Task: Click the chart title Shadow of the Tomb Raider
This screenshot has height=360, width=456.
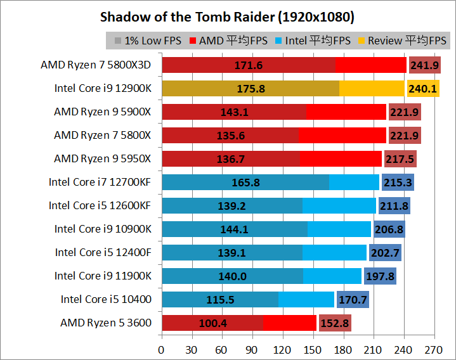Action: coord(228,16)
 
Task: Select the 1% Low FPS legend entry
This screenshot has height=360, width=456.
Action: coord(148,41)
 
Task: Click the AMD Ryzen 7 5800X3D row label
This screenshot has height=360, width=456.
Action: coord(96,65)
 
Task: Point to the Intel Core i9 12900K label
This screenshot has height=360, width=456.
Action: coord(103,88)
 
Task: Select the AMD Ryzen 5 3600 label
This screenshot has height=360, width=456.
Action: coord(106,323)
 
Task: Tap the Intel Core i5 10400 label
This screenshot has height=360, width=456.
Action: coord(106,299)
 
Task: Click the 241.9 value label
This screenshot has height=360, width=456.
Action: coord(424,65)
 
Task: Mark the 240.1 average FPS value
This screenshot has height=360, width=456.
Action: coord(422,89)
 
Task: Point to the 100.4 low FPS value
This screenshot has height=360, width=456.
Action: coord(212,323)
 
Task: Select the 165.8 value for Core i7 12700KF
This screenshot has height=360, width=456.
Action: coord(246,183)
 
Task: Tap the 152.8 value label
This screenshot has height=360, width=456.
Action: coord(335,323)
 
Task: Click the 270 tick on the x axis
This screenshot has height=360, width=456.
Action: coord(433,349)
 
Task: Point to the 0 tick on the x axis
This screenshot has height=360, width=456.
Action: coord(162,349)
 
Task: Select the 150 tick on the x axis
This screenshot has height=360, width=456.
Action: coord(313,349)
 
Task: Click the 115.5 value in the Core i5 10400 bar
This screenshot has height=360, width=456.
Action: coord(220,300)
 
